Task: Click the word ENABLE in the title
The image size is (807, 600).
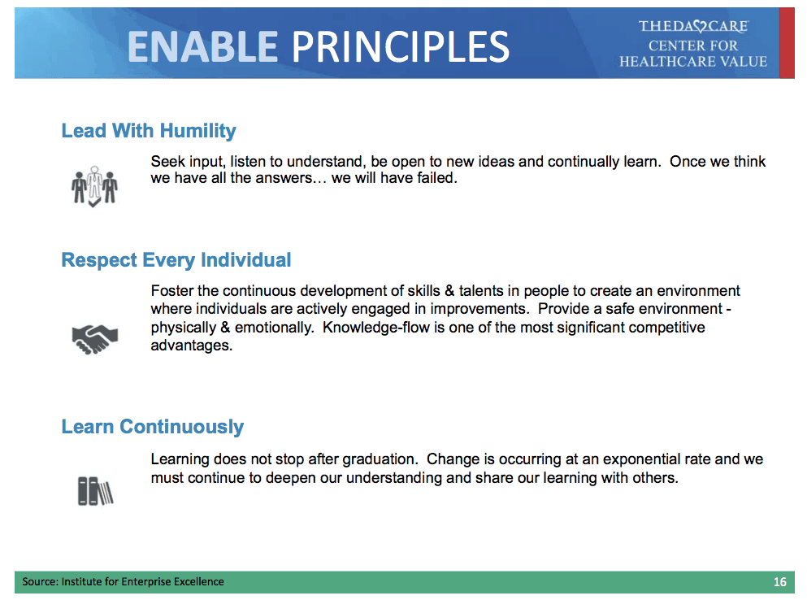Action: (203, 46)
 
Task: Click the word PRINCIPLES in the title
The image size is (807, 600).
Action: (401, 46)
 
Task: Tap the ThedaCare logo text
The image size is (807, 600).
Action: (694, 26)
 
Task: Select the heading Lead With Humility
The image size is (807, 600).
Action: (149, 132)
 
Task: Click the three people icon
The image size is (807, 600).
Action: (95, 186)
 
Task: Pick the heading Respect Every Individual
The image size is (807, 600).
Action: (176, 260)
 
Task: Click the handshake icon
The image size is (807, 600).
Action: (95, 339)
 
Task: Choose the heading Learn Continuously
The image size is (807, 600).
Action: (152, 427)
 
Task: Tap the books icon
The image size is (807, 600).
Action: (95, 491)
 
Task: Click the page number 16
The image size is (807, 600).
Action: (779, 582)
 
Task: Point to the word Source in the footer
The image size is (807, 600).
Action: (40, 581)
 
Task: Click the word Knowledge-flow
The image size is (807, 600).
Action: (375, 328)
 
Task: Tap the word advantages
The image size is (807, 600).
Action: (192, 346)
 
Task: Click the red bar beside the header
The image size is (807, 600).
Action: (787, 43)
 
